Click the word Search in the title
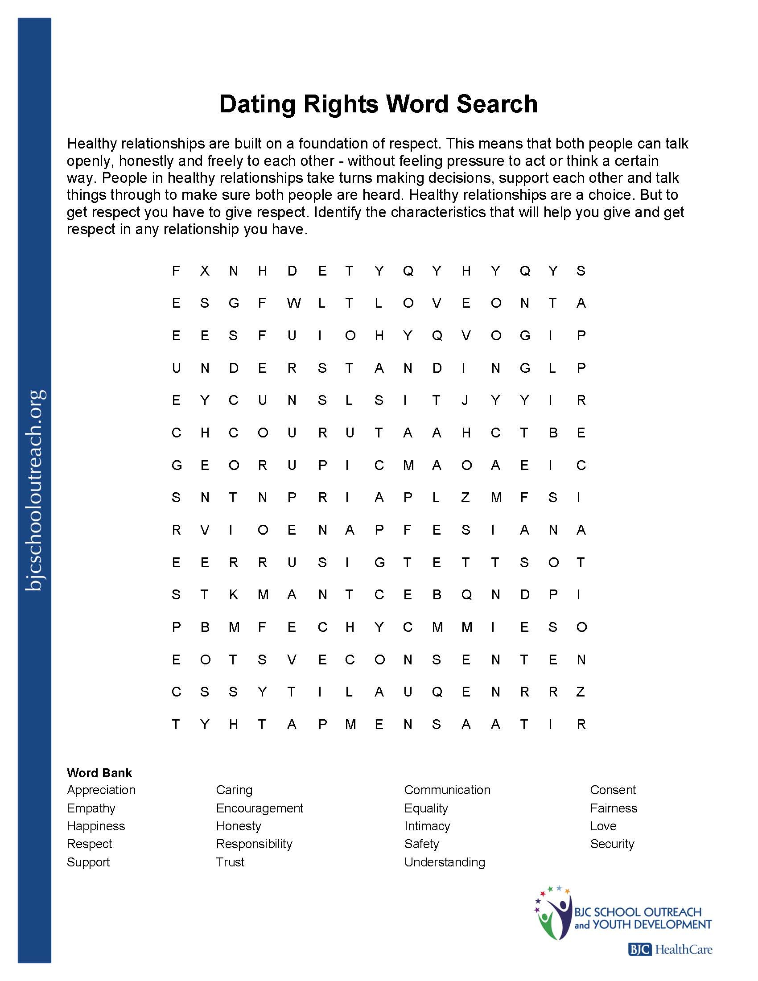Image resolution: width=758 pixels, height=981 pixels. [x=497, y=104]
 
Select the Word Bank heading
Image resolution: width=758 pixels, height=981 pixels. [x=99, y=773]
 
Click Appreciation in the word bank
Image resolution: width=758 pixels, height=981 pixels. [x=101, y=790]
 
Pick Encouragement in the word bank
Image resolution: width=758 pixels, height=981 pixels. [x=260, y=808]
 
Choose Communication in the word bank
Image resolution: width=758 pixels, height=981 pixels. [x=447, y=790]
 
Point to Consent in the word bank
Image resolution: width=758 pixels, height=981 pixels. [x=613, y=790]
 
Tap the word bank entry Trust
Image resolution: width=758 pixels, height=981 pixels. [x=230, y=862]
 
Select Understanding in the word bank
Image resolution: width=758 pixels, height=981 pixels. [x=445, y=862]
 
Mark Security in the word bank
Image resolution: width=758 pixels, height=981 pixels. [x=612, y=844]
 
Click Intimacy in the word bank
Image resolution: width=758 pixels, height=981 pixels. [x=427, y=826]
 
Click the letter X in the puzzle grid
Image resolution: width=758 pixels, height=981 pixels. [x=205, y=271]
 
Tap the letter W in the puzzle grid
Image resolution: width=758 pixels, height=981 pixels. [x=294, y=303]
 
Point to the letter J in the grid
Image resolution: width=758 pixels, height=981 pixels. [x=466, y=400]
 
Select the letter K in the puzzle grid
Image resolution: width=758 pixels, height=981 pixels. [x=234, y=595]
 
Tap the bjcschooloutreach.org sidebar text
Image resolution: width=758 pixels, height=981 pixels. [x=35, y=490]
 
